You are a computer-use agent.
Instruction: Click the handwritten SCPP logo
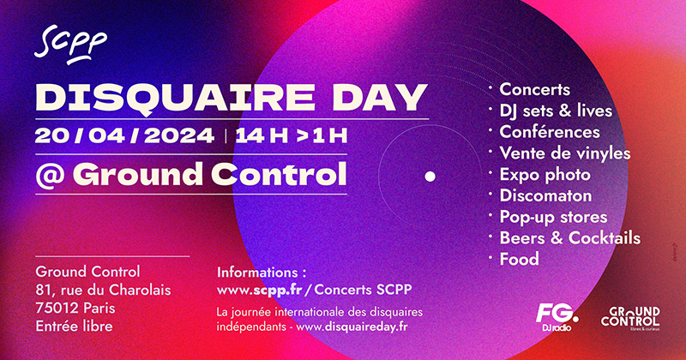tap(70, 44)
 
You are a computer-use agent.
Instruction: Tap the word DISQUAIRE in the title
tap(175, 98)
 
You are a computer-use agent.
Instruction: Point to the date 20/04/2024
tap(124, 135)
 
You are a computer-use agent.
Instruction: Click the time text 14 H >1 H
tap(292, 135)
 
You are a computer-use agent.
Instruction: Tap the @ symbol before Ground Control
tap(50, 175)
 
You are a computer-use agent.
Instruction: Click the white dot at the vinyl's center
tap(430, 177)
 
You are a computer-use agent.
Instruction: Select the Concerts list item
tap(534, 89)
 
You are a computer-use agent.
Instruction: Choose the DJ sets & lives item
tap(556, 111)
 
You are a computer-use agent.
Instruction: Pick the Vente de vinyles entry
tap(565, 153)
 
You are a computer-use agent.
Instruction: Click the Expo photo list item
tap(545, 175)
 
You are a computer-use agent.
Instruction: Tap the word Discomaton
tap(545, 195)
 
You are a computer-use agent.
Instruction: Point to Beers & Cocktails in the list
tap(569, 238)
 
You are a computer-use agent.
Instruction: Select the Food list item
tap(520, 259)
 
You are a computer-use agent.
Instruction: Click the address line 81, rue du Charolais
tap(103, 290)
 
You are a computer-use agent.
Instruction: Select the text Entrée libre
tap(74, 327)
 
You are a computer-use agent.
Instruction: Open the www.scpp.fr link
tap(260, 291)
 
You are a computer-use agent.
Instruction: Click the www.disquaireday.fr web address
tap(352, 327)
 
